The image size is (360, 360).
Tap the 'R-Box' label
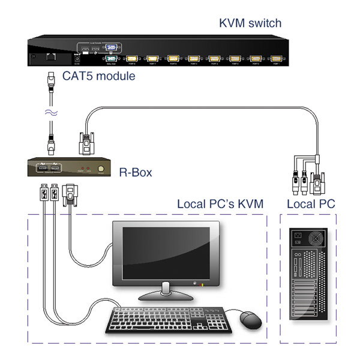click(x=136, y=173)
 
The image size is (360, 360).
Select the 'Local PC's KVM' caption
click(x=220, y=204)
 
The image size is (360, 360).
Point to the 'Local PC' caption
click(x=311, y=204)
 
